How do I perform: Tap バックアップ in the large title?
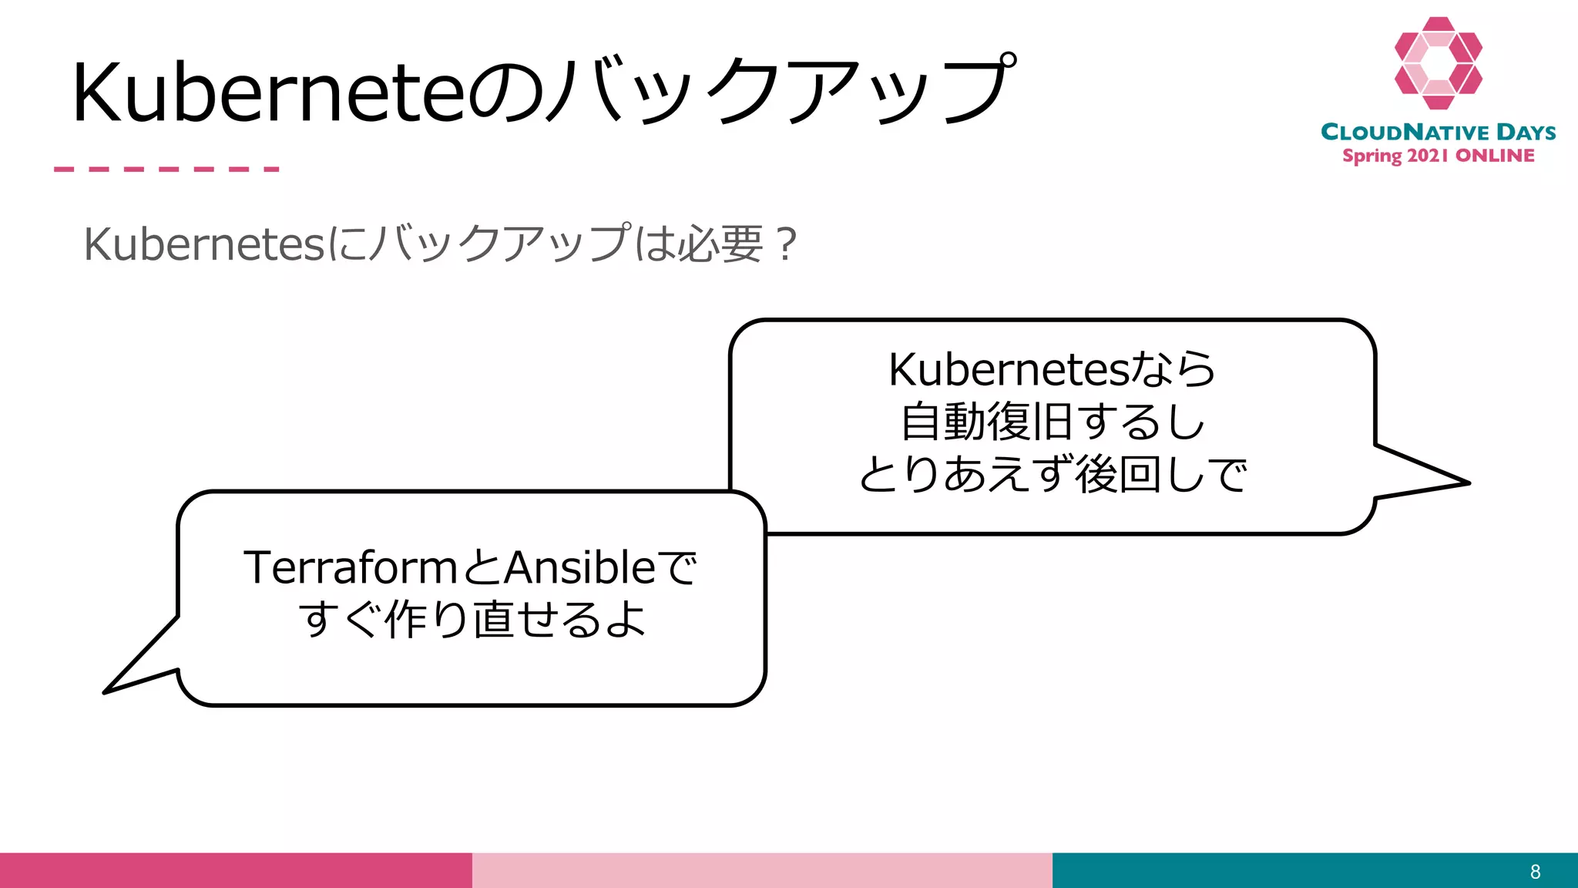(778, 92)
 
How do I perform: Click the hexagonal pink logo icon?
(1438, 63)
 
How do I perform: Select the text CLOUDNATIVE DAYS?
(1438, 132)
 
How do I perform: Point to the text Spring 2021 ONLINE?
(1438, 156)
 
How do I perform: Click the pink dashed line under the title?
(166, 169)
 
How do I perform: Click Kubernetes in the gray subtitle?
(204, 244)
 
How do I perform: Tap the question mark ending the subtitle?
(786, 244)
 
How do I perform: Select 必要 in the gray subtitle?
(721, 244)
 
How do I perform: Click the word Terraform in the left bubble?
(351, 568)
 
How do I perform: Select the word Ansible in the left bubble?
(579, 568)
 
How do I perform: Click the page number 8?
(1535, 872)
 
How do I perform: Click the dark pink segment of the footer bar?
(235, 870)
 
